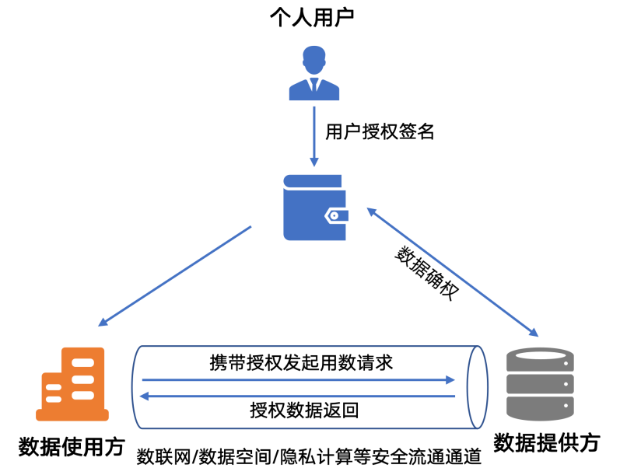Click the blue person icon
pyautogui.click(x=314, y=75)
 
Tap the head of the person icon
pyautogui.click(x=314, y=58)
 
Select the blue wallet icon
pyautogui.click(x=314, y=208)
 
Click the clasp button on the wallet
pyautogui.click(x=335, y=215)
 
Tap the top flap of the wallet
pyautogui.click(x=313, y=181)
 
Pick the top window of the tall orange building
pyautogui.click(x=82, y=363)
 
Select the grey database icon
pyautogui.click(x=539, y=384)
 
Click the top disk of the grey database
pyautogui.click(x=539, y=358)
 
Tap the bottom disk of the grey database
pyautogui.click(x=539, y=408)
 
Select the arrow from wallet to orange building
pyautogui.click(x=175, y=276)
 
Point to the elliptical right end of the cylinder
pyautogui.click(x=477, y=387)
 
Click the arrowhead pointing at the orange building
pyautogui.click(x=103, y=322)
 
